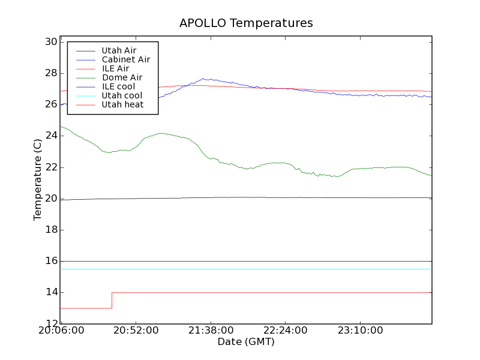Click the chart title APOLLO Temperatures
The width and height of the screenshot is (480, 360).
click(x=246, y=23)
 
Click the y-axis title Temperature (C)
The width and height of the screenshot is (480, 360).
click(x=38, y=179)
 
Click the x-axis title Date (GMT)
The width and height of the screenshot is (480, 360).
click(x=246, y=341)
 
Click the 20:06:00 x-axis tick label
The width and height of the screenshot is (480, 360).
click(x=61, y=331)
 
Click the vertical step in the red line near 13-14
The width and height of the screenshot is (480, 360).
click(x=112, y=300)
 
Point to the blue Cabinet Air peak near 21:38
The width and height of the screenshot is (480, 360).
click(x=204, y=79)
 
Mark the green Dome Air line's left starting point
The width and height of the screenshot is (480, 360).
click(x=61, y=126)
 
